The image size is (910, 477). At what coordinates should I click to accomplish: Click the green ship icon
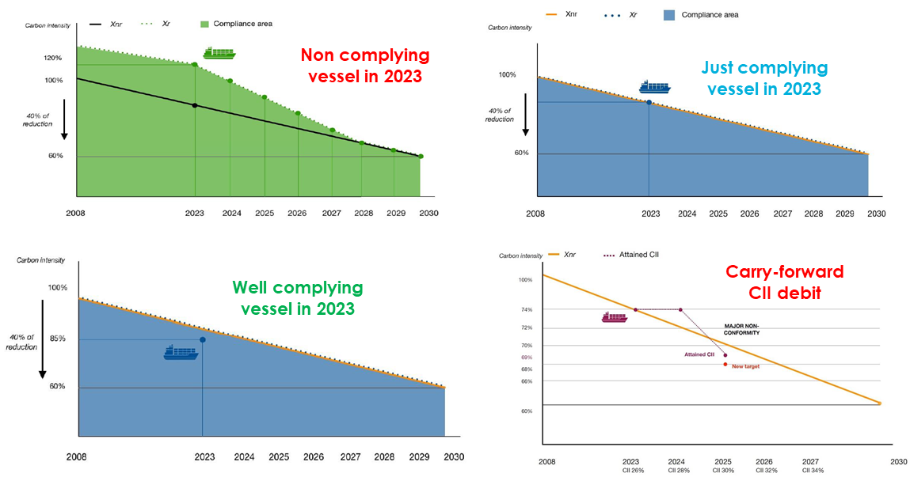(x=219, y=53)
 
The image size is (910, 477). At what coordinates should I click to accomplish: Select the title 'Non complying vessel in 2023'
(x=365, y=66)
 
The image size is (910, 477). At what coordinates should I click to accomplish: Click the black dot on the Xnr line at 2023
(x=195, y=105)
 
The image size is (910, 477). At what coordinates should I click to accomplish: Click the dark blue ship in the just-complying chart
(x=655, y=87)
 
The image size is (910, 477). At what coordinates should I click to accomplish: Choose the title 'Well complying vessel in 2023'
(x=298, y=297)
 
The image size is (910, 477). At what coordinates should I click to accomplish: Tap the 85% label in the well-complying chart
(x=57, y=339)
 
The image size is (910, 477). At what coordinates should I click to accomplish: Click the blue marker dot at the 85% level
(x=203, y=339)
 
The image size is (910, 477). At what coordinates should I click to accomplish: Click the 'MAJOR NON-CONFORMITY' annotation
(x=742, y=329)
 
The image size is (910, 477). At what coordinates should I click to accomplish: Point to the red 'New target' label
(x=746, y=366)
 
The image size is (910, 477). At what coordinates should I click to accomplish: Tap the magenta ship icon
(x=615, y=317)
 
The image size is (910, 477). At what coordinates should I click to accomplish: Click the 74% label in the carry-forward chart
(x=526, y=309)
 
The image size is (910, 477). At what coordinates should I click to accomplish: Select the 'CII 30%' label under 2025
(x=723, y=470)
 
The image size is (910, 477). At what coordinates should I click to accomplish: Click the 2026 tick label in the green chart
(x=297, y=214)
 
